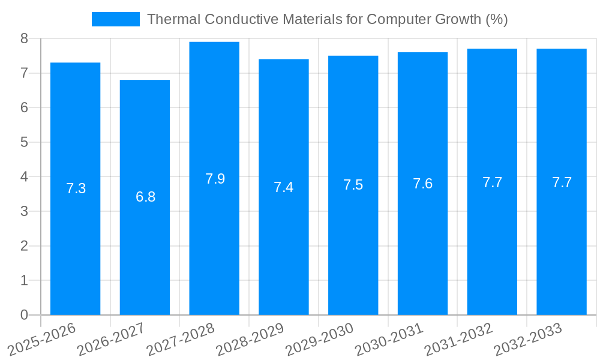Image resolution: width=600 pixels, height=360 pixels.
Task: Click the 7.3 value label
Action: point(76,188)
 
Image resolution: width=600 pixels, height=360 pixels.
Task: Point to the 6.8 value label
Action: point(145,197)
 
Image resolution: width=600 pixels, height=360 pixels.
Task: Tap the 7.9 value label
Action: point(215,178)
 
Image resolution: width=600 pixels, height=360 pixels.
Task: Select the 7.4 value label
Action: point(283,187)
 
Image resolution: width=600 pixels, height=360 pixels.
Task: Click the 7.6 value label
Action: point(422,184)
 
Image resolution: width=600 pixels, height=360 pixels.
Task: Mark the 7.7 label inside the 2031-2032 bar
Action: point(492,182)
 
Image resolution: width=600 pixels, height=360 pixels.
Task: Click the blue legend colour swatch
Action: point(115,19)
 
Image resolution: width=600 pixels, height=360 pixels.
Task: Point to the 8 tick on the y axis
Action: point(24,39)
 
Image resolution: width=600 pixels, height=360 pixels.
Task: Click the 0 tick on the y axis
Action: point(24,315)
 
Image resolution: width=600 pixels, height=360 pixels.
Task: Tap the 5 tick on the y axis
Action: point(24,143)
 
